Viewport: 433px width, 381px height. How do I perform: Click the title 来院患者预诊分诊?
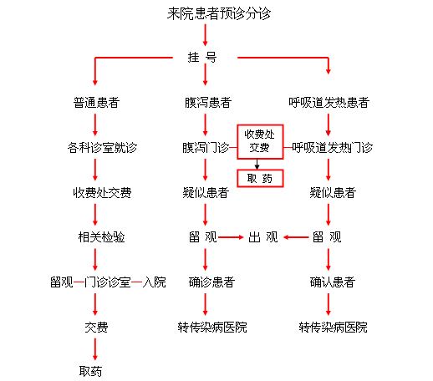tap(219, 13)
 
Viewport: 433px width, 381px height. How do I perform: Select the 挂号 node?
tap(202, 58)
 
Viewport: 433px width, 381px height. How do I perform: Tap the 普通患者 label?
tap(96, 103)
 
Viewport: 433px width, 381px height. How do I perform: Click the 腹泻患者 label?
tap(208, 103)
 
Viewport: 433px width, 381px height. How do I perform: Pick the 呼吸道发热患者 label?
tap(329, 103)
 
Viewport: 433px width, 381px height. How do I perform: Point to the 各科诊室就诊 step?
tap(102, 147)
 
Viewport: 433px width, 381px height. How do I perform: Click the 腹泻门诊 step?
tap(206, 147)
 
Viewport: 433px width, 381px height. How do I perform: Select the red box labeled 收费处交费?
tap(260, 142)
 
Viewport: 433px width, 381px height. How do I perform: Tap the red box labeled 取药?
tap(260, 178)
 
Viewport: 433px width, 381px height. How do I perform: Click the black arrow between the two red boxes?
tap(257, 165)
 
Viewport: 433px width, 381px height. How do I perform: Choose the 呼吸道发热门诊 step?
tap(332, 147)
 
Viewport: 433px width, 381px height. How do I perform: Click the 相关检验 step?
tap(101, 237)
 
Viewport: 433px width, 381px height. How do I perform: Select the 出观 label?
tap(263, 237)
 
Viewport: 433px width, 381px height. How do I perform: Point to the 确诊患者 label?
tap(211, 282)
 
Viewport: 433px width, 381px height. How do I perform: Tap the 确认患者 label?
tap(333, 282)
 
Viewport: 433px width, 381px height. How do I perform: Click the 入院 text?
tap(154, 282)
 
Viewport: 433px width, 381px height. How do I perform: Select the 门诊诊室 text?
tap(108, 282)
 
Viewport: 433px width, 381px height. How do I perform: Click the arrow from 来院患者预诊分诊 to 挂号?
tap(206, 35)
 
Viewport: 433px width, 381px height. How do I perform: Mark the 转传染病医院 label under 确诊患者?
tap(212, 327)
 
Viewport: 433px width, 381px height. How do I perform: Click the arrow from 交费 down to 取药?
tap(95, 349)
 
